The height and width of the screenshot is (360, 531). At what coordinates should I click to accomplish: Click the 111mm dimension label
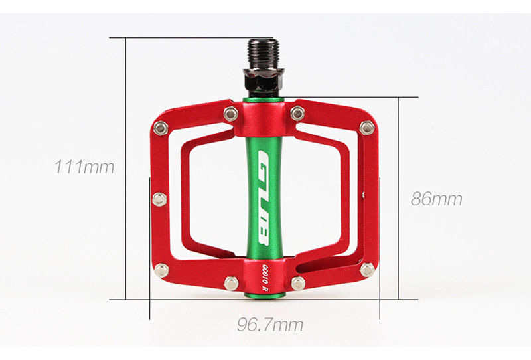pyautogui.click(x=84, y=167)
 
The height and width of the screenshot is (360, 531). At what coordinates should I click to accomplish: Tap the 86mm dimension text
pyautogui.click(x=437, y=199)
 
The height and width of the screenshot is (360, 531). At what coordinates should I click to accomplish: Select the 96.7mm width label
pyautogui.click(x=270, y=325)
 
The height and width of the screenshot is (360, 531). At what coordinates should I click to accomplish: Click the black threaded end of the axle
pyautogui.click(x=264, y=54)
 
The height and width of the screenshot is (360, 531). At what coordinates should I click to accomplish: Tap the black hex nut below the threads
pyautogui.click(x=264, y=78)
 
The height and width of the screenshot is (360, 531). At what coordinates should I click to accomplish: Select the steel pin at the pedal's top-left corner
pyautogui.click(x=161, y=128)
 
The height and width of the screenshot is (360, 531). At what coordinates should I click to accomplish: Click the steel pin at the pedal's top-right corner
pyautogui.click(x=367, y=128)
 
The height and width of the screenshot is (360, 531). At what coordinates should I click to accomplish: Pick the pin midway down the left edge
pyautogui.click(x=159, y=199)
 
